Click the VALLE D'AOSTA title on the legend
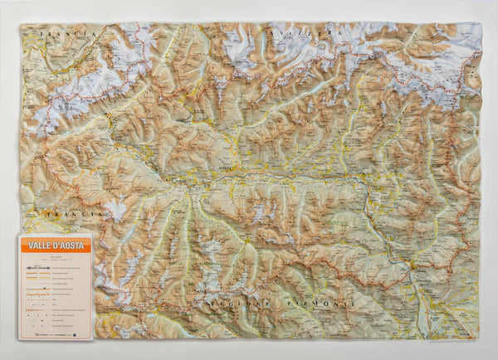pyautogui.click(x=55, y=246)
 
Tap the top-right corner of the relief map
pyautogui.click(x=480, y=24)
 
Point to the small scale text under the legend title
pyautogui.click(x=55, y=258)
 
